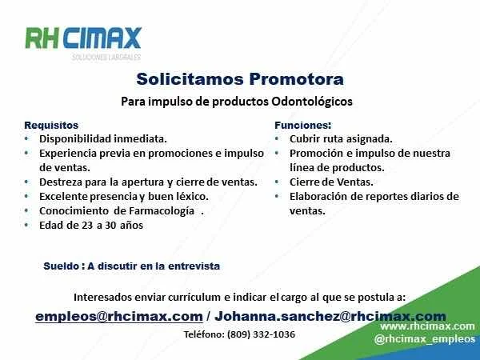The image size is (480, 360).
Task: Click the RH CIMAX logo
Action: pos(83,42)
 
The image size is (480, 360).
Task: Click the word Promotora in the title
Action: pos(296,79)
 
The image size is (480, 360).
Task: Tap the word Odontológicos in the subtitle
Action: pos(312,102)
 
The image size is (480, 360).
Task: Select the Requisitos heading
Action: pos(51,126)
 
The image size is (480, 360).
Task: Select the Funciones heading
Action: pos(302,126)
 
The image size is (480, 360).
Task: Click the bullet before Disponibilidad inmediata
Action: pos(26,138)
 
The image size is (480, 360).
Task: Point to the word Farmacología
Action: pos(162,211)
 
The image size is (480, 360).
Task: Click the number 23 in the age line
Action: pos(87,226)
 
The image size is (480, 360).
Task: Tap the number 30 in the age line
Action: pos(110,226)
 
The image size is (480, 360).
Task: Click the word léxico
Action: pos(193,197)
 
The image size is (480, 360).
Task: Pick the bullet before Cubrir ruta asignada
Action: pos(277,138)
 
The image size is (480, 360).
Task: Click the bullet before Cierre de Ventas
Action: pos(277,182)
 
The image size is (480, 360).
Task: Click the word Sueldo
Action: pos(62,266)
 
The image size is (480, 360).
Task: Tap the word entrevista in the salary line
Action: pos(194,266)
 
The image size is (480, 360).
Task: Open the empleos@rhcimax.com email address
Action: pos(119,317)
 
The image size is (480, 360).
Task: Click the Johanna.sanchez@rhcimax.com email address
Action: pos(330,317)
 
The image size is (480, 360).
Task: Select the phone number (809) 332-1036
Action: pos(261,334)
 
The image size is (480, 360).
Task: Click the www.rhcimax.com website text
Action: pos(427,326)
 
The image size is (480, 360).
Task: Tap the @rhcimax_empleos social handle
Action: pos(424,339)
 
